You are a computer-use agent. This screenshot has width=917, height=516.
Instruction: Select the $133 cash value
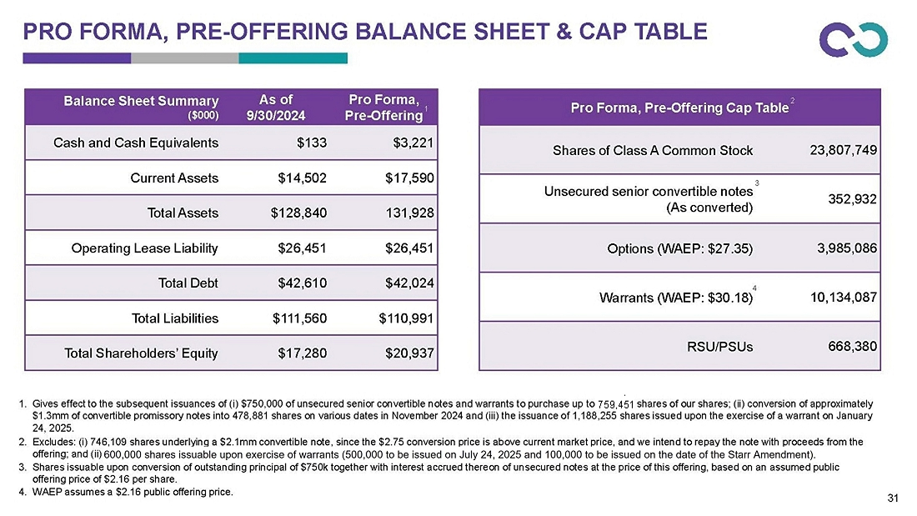[313, 142]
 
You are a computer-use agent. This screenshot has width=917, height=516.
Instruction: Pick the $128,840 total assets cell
[299, 213]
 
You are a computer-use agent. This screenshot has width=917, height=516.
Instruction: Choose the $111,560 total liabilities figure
[299, 318]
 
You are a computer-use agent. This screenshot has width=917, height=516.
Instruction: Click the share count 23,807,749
[844, 150]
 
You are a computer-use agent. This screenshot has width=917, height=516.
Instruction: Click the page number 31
[894, 498]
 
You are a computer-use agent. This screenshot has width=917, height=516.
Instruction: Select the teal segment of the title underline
[293, 58]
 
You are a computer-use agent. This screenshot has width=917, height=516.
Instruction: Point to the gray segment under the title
[185, 58]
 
